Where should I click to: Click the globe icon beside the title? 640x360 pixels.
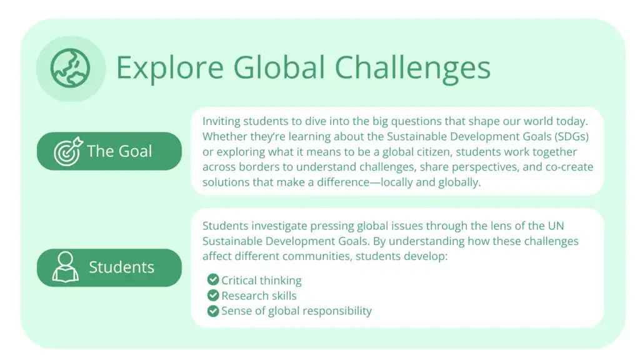point(70,68)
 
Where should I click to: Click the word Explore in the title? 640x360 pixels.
point(170,67)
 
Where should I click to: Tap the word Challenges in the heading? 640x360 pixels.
point(412,67)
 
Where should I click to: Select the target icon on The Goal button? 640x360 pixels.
point(68,151)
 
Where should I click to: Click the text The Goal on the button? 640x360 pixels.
point(119,151)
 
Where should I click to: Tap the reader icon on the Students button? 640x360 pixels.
point(65,267)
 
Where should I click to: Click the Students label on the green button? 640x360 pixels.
point(122,267)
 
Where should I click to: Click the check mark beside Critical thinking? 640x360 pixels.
point(213,279)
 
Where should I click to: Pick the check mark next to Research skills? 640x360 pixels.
point(213,295)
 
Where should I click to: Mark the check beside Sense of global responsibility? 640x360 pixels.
point(213,311)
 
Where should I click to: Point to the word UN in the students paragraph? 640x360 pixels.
point(556,226)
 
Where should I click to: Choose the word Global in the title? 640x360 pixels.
point(279,67)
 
